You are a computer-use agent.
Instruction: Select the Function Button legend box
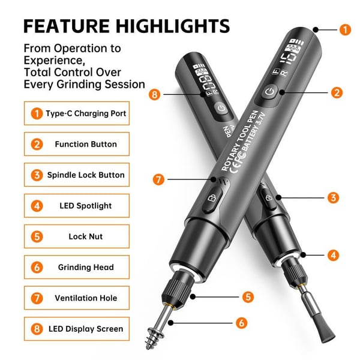pos(77,144)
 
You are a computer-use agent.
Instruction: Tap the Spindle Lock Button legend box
pos(77,175)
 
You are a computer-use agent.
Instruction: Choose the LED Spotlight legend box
pos(77,206)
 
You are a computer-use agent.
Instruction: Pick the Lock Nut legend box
pos(77,236)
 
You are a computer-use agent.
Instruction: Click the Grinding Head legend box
pos(77,267)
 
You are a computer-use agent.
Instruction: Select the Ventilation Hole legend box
pos(77,298)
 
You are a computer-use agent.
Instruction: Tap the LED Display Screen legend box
pos(77,329)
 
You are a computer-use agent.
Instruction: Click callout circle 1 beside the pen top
pos(345,29)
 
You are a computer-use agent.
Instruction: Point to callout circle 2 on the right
pos(337,92)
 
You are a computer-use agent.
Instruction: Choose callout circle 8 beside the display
pos(154,94)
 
